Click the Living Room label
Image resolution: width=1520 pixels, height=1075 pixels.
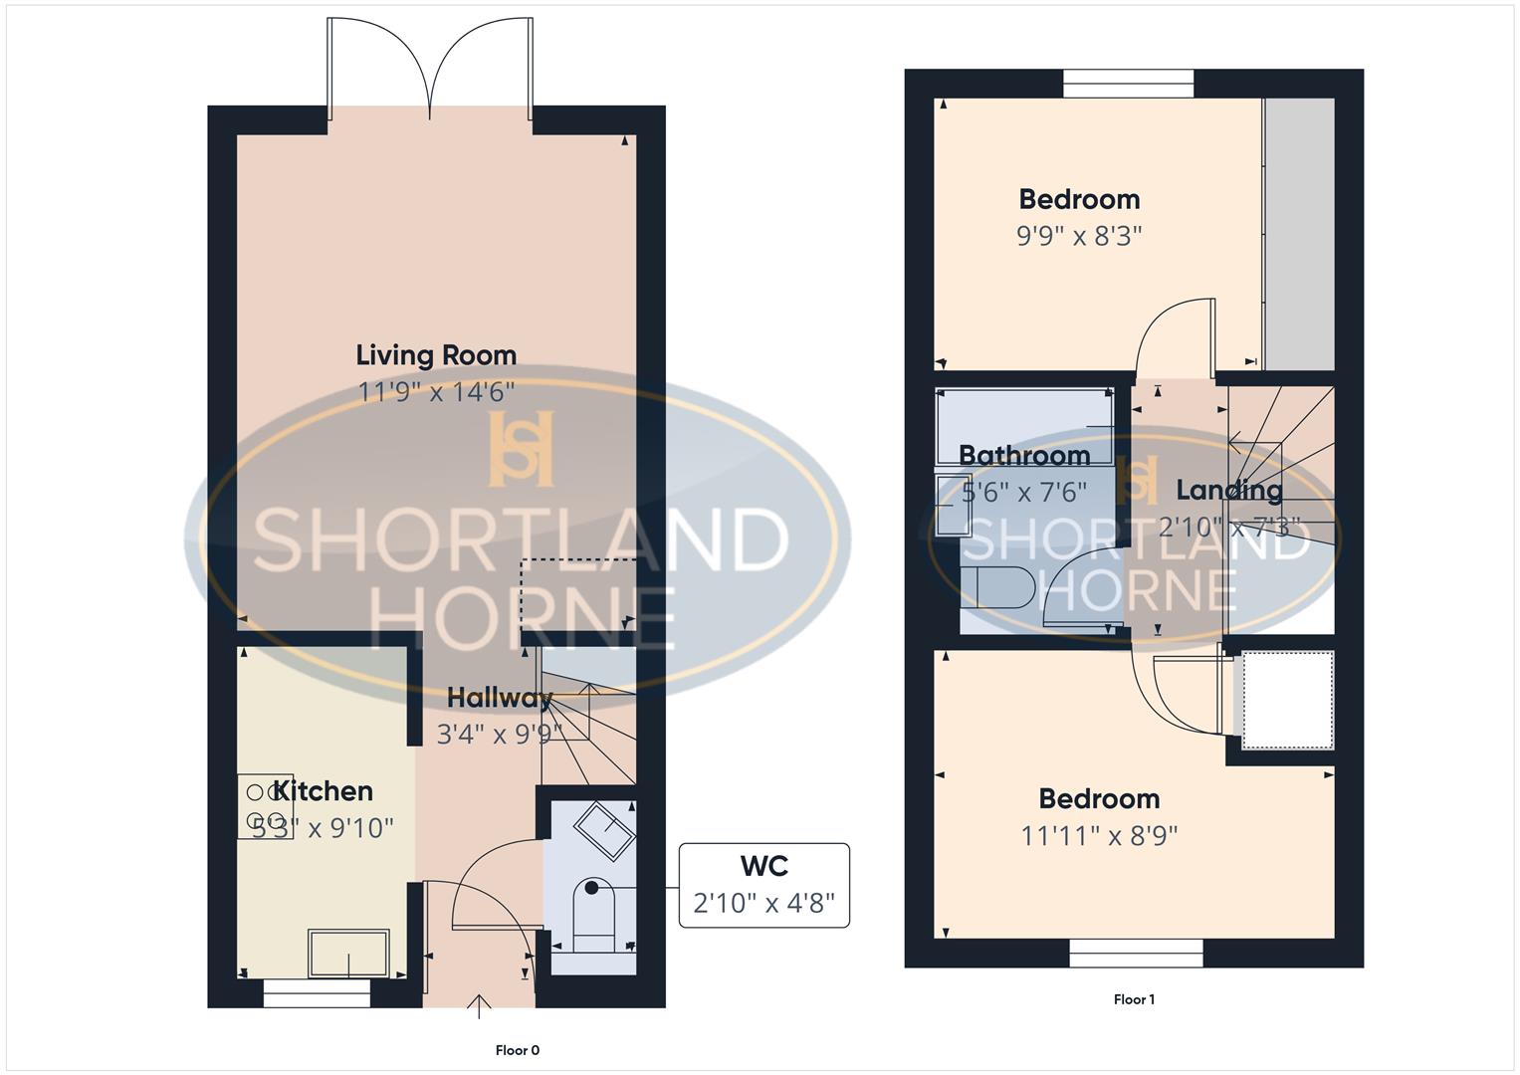click(436, 355)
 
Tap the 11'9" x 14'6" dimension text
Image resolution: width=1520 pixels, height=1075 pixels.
click(436, 392)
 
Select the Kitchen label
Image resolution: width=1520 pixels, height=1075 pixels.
click(324, 791)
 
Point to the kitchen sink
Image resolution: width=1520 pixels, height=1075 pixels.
click(348, 954)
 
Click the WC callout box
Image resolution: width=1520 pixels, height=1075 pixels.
click(763, 885)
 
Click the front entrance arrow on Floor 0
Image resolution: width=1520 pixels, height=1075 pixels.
click(480, 1005)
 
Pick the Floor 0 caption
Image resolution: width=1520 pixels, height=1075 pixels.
click(518, 1050)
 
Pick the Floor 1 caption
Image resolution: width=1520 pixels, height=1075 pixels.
click(1134, 999)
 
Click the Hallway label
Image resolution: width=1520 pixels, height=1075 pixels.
click(499, 698)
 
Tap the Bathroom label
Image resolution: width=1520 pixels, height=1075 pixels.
click(1024, 456)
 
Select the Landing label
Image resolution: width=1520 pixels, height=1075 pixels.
click(1229, 490)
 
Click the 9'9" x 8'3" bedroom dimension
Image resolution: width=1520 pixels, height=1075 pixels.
click(1079, 236)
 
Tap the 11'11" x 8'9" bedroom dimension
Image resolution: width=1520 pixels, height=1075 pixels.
click(1099, 835)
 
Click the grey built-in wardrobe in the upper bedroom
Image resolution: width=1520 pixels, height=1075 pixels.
click(1298, 233)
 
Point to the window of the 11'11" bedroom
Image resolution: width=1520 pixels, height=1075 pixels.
click(1136, 954)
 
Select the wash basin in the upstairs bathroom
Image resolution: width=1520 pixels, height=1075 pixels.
click(954, 506)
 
